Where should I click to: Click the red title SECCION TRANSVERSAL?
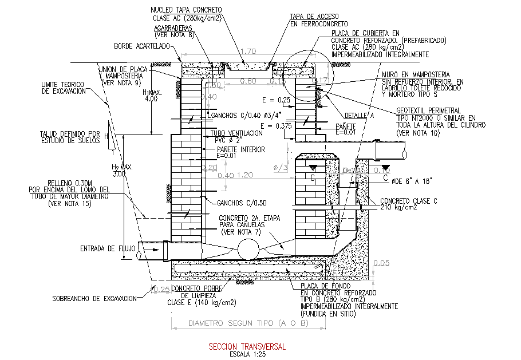247,347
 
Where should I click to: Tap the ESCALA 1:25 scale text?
246,354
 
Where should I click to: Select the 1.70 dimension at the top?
248,52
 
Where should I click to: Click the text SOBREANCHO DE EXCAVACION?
94,298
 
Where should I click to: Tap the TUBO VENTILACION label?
233,133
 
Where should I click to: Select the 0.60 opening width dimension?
248,81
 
